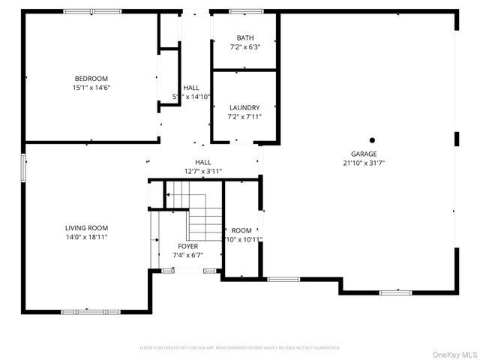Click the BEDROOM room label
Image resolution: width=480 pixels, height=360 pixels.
(91, 79)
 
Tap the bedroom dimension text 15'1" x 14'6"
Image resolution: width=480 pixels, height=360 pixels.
(91, 88)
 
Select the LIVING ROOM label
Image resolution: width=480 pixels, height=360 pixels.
(87, 228)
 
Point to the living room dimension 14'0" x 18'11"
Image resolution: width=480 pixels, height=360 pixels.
(87, 237)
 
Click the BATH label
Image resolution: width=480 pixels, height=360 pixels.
(245, 38)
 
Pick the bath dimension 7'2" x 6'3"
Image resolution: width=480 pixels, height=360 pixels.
(245, 47)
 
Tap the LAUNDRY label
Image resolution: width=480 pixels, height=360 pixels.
(244, 108)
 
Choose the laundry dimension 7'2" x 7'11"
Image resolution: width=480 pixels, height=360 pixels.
(244, 117)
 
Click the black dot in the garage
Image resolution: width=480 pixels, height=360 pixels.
(371, 139)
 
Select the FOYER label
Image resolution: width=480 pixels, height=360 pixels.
(187, 246)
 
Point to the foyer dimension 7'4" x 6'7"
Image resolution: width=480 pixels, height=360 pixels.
(187, 255)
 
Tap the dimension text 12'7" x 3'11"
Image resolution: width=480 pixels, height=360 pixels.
(203, 171)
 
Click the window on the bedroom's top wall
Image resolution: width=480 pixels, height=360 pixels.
(92, 11)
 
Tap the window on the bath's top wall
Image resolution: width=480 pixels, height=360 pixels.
(245, 11)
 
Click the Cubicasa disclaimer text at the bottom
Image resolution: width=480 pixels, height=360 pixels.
(240, 348)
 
